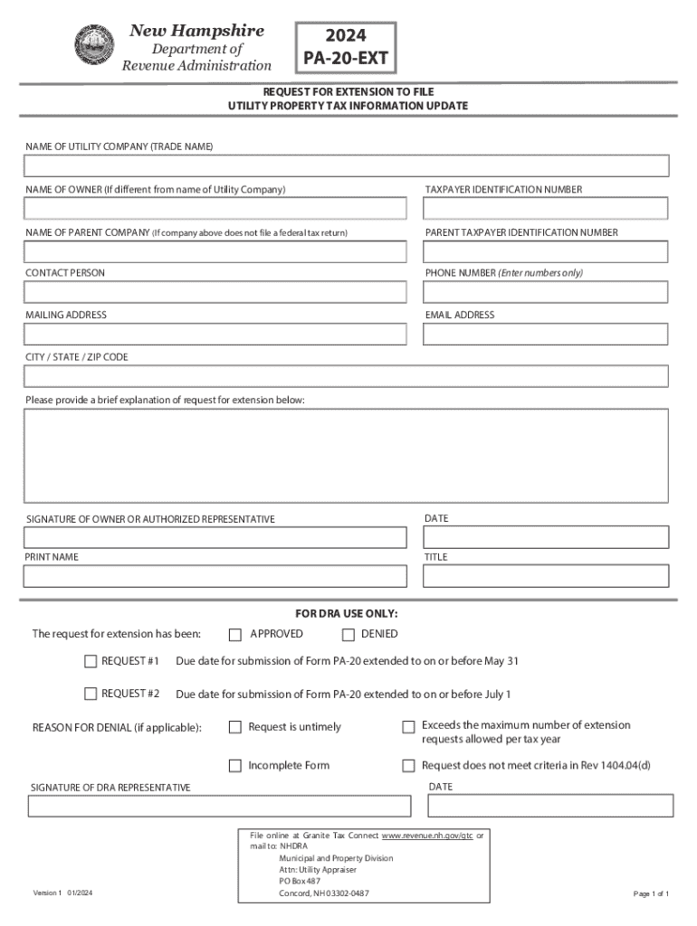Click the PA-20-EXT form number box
[x=346, y=49]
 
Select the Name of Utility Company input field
[x=347, y=166]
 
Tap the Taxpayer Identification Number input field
[x=546, y=209]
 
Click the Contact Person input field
[x=215, y=292]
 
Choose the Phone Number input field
[x=546, y=292]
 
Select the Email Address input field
[x=546, y=335]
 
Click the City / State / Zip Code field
[x=347, y=376]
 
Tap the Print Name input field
[x=215, y=576]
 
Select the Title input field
[x=546, y=576]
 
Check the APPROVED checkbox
[x=235, y=635]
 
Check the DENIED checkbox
[x=348, y=635]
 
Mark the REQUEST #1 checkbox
[x=91, y=661]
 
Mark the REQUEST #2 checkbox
[x=91, y=694]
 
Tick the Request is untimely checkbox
[x=235, y=727]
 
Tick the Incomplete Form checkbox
[x=235, y=766]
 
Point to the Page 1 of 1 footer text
[x=651, y=894]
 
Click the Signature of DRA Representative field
[x=217, y=806]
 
